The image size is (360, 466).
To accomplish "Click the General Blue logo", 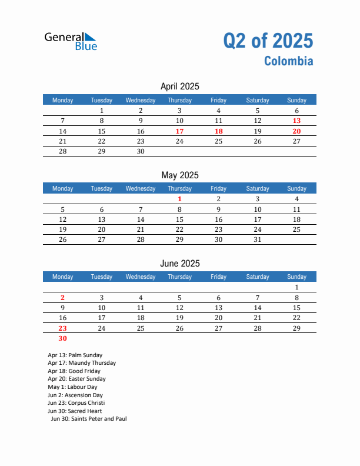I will click(71, 41).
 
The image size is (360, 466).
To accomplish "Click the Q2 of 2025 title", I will click(268, 41).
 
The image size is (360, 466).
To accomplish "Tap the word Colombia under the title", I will click(288, 61).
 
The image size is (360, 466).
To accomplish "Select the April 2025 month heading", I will click(179, 86).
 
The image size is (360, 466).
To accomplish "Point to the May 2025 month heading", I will click(179, 175).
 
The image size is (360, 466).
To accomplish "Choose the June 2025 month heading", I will click(179, 263).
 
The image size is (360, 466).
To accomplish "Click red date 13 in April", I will click(296, 121).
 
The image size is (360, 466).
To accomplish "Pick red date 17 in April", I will click(179, 131).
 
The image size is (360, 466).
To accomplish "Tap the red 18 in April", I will click(218, 131).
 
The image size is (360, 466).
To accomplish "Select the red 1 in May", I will click(179, 199).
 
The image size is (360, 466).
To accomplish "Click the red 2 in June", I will click(63, 298).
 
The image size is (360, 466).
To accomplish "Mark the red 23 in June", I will click(63, 328).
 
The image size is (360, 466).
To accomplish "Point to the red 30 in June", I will click(63, 338).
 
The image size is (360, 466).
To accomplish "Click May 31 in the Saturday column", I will click(257, 239).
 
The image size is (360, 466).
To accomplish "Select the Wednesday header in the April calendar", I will click(141, 100).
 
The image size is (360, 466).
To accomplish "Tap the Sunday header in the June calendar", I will click(296, 277).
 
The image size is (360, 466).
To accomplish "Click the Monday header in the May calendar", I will click(63, 188).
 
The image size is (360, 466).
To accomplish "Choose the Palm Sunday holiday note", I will click(75, 355).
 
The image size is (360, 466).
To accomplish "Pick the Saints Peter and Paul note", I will click(89, 419).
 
